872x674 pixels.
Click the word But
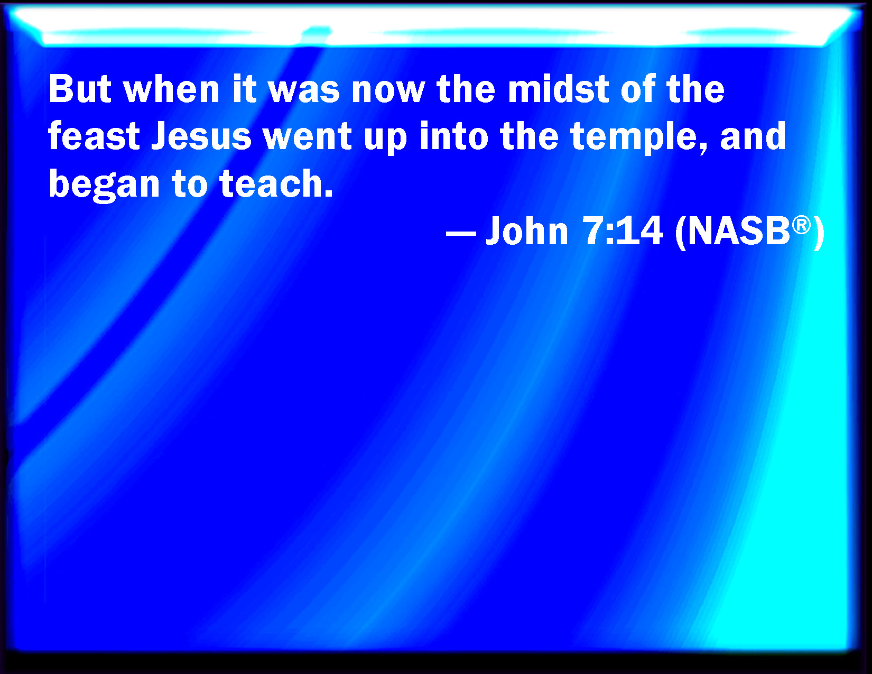tap(80, 89)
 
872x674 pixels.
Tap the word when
tap(171, 89)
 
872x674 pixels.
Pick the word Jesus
tap(201, 136)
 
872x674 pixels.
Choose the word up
tap(386, 140)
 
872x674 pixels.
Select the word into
tap(453, 136)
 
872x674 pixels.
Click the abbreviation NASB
tap(739, 231)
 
